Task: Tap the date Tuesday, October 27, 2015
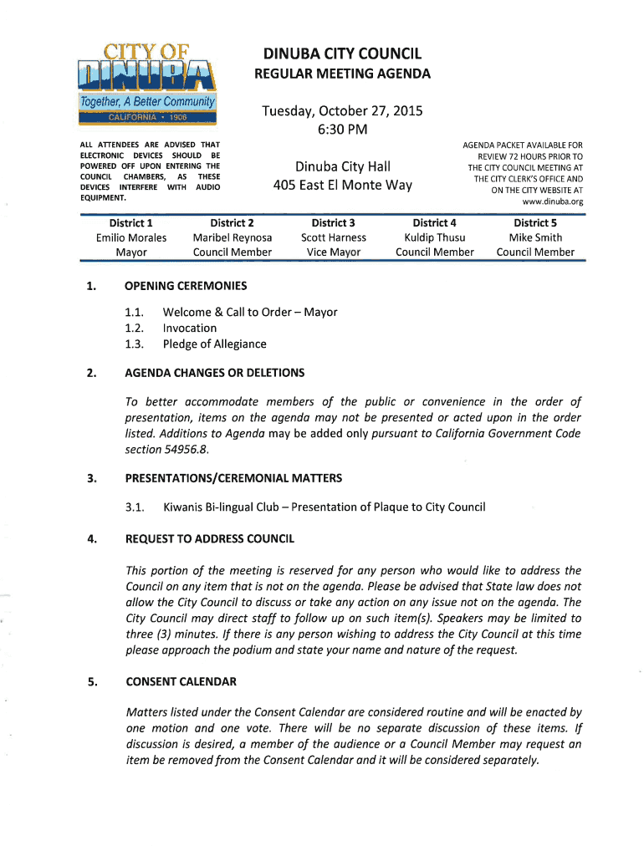(x=342, y=111)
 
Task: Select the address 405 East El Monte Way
(x=343, y=185)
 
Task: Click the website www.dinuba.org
(x=552, y=201)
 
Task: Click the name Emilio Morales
(x=131, y=237)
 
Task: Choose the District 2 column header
(x=232, y=222)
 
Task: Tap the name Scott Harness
(x=334, y=237)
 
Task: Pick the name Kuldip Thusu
(x=434, y=237)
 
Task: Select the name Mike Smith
(x=535, y=237)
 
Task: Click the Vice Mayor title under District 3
(x=334, y=252)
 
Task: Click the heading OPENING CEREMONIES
(x=186, y=286)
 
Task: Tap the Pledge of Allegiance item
(x=214, y=344)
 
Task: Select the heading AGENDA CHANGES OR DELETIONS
(x=215, y=373)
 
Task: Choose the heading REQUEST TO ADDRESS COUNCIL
(x=209, y=538)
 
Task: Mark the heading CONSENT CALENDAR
(x=181, y=681)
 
